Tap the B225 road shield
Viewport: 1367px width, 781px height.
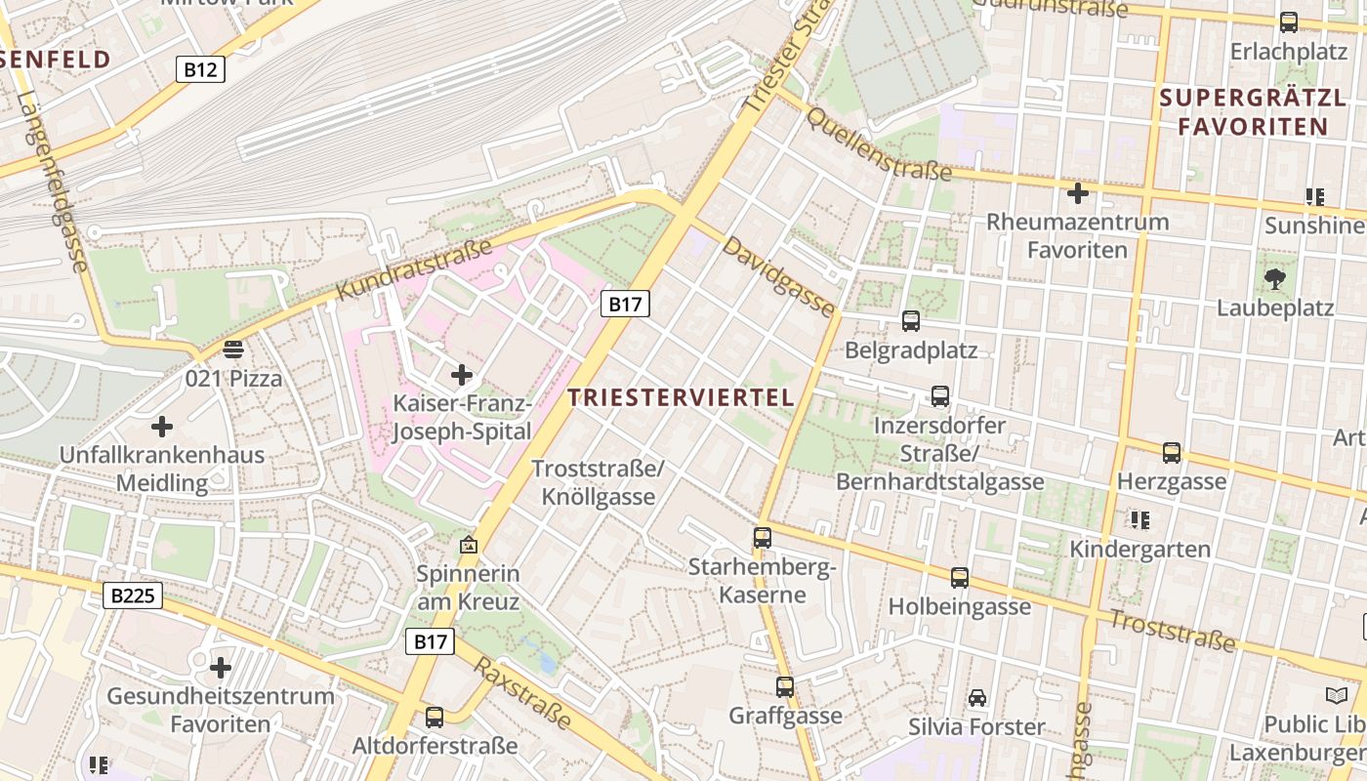click(x=132, y=595)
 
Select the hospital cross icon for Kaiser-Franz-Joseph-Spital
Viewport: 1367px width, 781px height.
click(x=462, y=374)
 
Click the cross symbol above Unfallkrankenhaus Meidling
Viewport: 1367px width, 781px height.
click(x=162, y=427)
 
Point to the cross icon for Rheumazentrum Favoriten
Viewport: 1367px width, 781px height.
click(x=1078, y=193)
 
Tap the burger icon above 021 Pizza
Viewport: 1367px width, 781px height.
click(x=232, y=349)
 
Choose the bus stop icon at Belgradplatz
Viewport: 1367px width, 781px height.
click(x=911, y=320)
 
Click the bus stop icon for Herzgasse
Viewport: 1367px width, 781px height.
click(x=1172, y=452)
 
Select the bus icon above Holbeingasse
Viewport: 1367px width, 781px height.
click(x=960, y=578)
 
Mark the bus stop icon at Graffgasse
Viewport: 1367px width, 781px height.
click(x=785, y=686)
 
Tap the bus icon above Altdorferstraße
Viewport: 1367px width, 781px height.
click(x=435, y=718)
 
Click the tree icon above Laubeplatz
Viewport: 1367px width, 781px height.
click(x=1274, y=279)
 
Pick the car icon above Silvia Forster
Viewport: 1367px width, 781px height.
click(x=976, y=698)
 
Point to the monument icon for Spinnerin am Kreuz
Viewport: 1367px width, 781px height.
click(x=469, y=545)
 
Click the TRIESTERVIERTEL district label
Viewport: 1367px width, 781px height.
click(x=681, y=397)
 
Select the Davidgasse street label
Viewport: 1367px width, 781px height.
click(x=779, y=276)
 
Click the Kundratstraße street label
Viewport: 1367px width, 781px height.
click(x=414, y=269)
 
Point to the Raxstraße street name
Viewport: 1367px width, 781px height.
click(x=523, y=692)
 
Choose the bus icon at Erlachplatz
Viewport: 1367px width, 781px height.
click(x=1289, y=21)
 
